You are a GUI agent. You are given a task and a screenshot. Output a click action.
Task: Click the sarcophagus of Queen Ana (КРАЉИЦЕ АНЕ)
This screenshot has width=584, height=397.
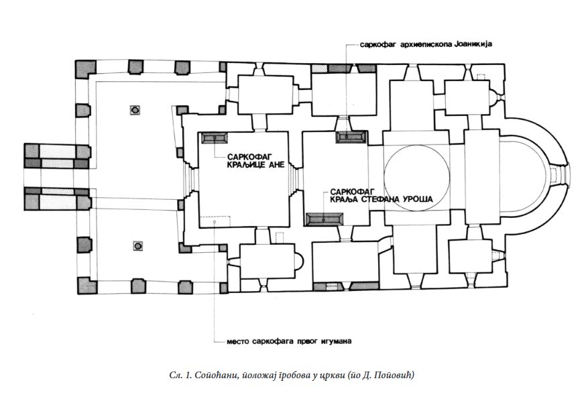[x=215, y=137]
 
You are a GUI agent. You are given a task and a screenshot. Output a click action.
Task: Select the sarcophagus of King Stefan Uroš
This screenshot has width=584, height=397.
[x=324, y=219]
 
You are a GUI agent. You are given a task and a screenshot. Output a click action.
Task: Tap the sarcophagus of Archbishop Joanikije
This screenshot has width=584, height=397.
[x=350, y=137]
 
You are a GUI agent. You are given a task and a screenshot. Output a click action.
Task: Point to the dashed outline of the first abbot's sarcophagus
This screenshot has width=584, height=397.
[x=215, y=221]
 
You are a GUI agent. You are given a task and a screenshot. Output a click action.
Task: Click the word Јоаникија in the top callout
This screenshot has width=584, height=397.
[x=473, y=44]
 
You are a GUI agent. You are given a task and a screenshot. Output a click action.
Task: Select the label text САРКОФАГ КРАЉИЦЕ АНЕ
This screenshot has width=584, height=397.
[x=256, y=160]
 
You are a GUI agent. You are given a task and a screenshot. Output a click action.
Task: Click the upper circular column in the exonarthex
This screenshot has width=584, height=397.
[x=135, y=110]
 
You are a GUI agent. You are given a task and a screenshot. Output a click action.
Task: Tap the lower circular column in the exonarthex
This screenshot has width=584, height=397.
[x=138, y=246]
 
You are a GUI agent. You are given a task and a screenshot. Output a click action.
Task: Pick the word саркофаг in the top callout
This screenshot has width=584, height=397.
[x=375, y=45]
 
